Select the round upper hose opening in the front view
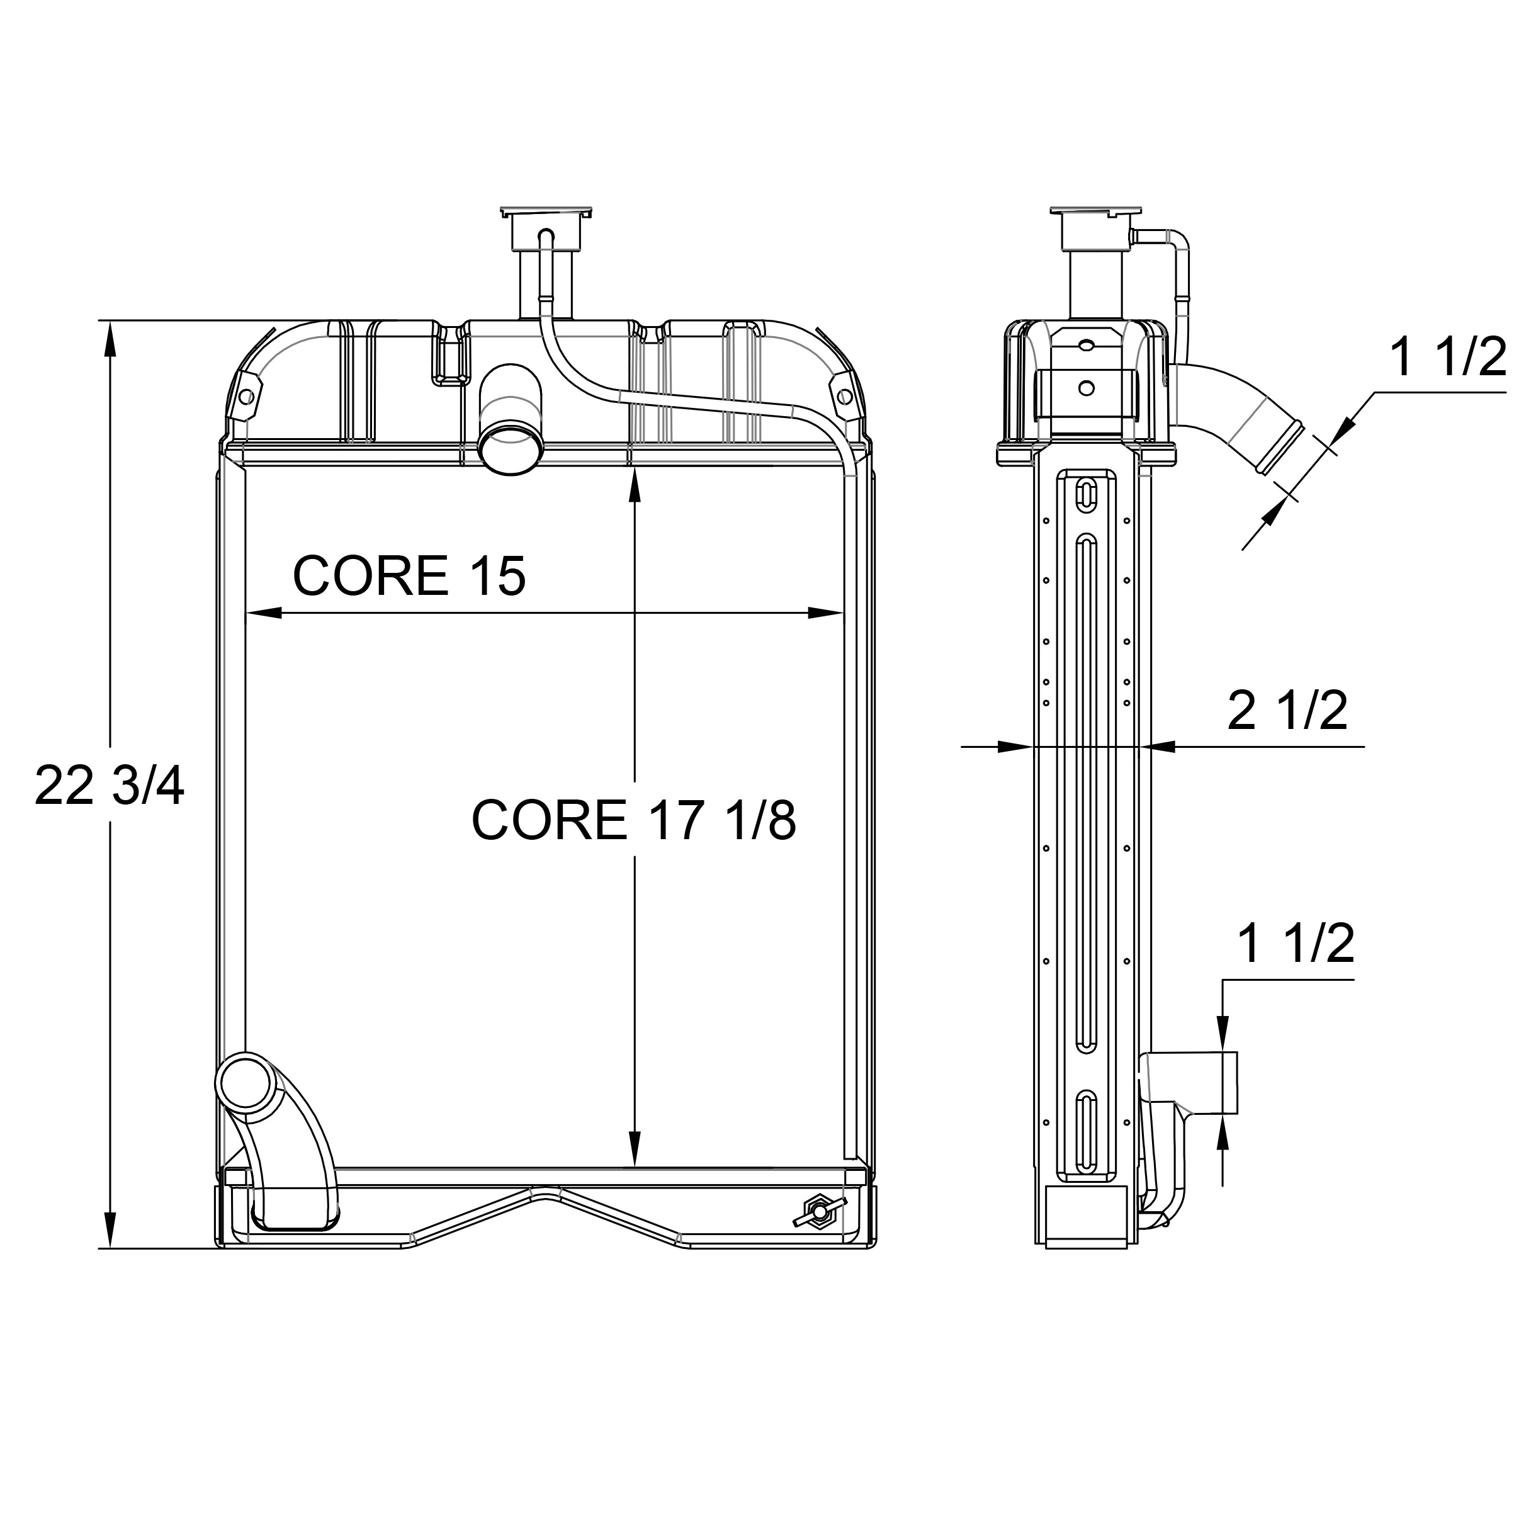coord(512,448)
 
